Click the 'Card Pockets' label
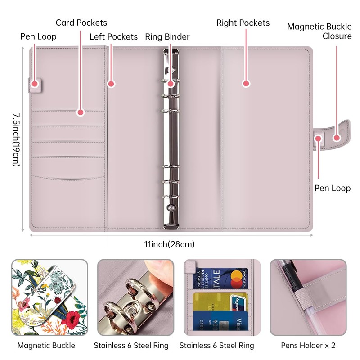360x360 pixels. click(x=81, y=22)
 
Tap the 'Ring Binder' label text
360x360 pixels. click(x=167, y=37)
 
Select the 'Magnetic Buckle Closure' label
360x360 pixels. click(x=319, y=31)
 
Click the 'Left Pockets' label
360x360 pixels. click(x=113, y=37)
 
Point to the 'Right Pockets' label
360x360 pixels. click(x=243, y=23)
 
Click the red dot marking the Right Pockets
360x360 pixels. click(x=246, y=83)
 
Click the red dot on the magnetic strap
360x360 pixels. click(x=336, y=138)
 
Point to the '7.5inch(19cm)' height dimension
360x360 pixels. click(x=16, y=139)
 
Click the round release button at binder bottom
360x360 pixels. click(x=171, y=208)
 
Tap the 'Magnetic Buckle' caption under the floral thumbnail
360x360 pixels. click(x=46, y=346)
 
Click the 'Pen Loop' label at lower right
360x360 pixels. click(x=332, y=188)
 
